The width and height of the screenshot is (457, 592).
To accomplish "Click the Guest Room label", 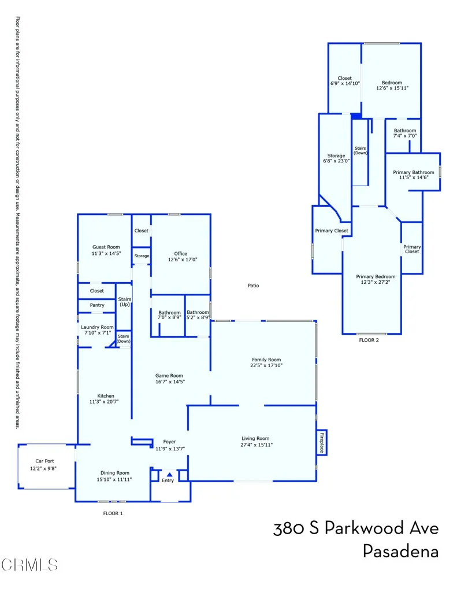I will (106, 247).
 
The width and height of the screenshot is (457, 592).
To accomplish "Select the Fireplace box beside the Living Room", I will (321, 442).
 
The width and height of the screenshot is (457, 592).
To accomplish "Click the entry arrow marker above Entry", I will (169, 474).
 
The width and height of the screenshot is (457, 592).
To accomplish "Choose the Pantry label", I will (97, 305).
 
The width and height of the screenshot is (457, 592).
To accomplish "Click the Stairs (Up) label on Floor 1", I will (125, 302).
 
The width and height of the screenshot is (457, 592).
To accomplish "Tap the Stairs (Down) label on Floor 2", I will (360, 151).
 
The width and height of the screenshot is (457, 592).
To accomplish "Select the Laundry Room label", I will (97, 327).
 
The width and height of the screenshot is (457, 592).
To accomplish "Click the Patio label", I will (253, 286).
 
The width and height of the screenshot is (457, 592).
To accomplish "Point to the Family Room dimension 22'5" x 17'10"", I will (266, 365).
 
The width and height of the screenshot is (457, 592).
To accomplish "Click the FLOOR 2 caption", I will (369, 340).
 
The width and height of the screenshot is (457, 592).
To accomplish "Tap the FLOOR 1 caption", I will (113, 513).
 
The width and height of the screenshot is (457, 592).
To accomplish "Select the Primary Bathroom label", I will (413, 172).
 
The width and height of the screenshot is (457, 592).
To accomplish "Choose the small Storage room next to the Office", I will (142, 256).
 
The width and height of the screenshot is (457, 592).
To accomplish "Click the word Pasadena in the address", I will (400, 551).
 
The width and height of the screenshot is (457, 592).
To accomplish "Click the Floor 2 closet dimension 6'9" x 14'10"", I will (344, 84).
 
